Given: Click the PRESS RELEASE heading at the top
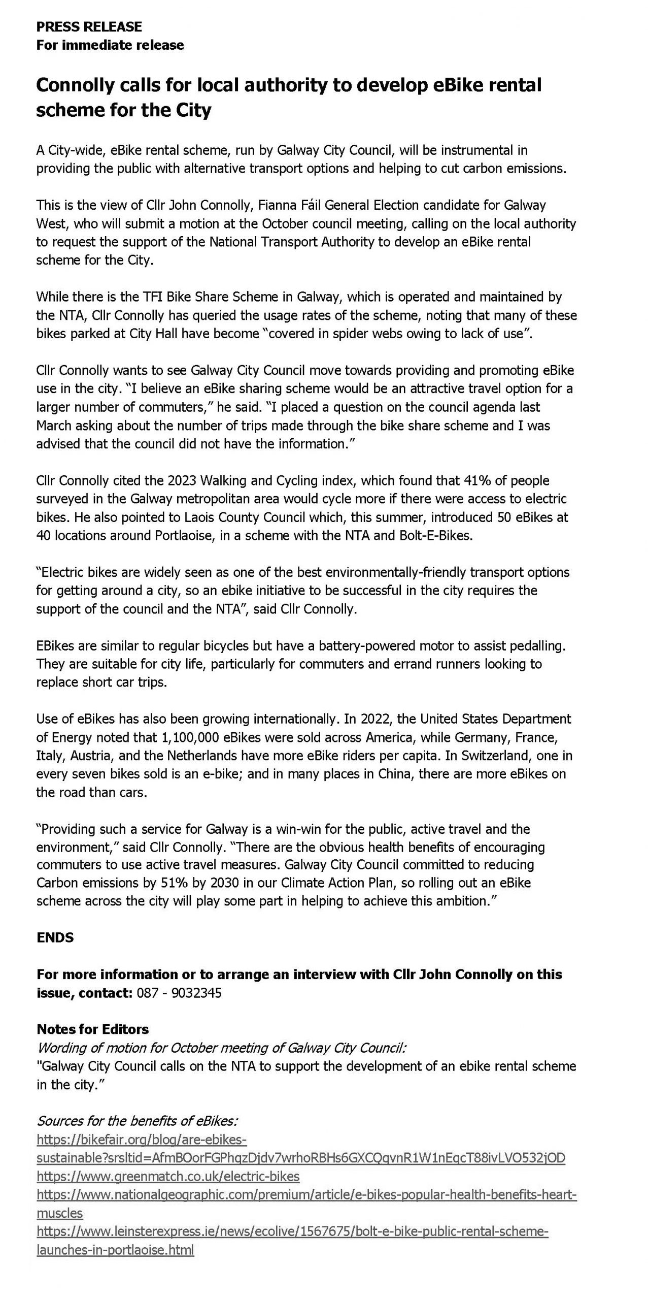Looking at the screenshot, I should pyautogui.click(x=89, y=26).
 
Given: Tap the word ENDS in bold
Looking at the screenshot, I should pyautogui.click(x=55, y=937).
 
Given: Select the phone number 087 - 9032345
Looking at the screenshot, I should pyautogui.click(x=179, y=993).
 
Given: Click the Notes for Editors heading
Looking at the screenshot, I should pyautogui.click(x=93, y=1029).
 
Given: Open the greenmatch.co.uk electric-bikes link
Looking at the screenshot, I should pyautogui.click(x=168, y=1177).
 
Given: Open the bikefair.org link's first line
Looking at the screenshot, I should pyautogui.click(x=142, y=1140).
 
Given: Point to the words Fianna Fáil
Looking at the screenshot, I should pyautogui.click(x=289, y=205).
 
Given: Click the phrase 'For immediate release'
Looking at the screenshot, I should pyautogui.click(x=110, y=45).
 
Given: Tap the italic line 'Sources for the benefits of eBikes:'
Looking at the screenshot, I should pyautogui.click(x=138, y=1121).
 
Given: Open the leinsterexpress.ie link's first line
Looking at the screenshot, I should pyautogui.click(x=292, y=1231).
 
